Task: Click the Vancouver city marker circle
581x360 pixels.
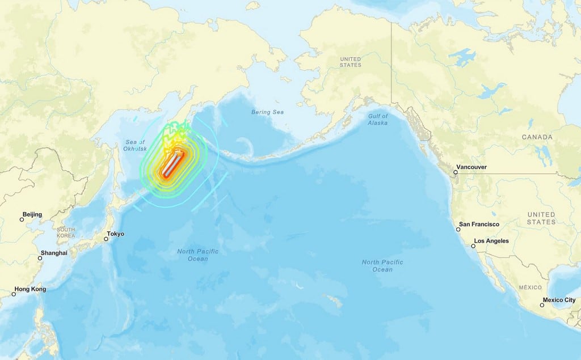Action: tap(456, 171)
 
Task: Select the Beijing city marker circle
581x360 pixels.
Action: tap(22, 219)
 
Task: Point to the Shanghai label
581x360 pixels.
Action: tap(54, 253)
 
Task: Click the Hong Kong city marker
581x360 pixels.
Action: tap(14, 294)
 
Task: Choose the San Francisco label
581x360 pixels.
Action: tap(479, 225)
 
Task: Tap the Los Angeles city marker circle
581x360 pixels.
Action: tap(473, 246)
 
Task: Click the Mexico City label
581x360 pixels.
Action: tap(559, 300)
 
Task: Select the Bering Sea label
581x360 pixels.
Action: tap(267, 112)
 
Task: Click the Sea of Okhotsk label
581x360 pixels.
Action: tap(135, 145)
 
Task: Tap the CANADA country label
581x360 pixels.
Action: tap(537, 137)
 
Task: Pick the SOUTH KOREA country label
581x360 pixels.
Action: tap(66, 232)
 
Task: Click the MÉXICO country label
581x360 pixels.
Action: tap(530, 287)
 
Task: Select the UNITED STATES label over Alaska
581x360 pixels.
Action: tap(350, 62)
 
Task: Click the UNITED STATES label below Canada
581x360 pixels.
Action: tap(541, 218)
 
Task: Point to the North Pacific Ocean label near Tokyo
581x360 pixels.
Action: tap(197, 255)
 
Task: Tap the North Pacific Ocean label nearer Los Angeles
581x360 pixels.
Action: tap(382, 265)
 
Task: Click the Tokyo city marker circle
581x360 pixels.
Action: tap(106, 239)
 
